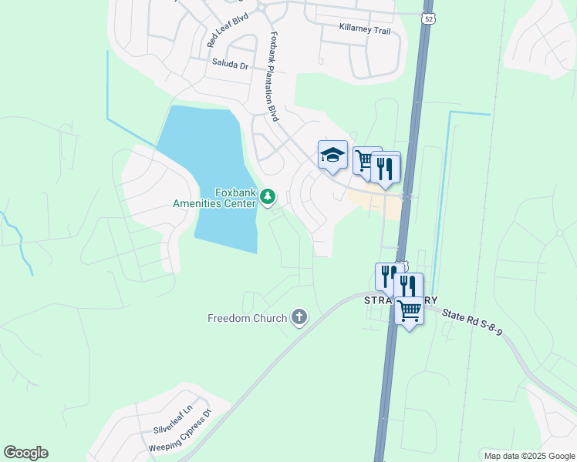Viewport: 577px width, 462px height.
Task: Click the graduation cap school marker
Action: click(332, 155)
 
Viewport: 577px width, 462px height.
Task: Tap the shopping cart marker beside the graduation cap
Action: click(365, 161)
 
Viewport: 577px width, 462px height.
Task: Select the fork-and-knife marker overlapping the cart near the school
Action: click(385, 167)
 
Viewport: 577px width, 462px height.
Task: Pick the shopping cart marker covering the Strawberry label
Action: click(409, 311)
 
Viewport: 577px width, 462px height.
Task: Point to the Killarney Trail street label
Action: click(365, 29)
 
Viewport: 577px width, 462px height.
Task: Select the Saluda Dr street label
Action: click(229, 66)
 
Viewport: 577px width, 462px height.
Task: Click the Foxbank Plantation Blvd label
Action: click(273, 76)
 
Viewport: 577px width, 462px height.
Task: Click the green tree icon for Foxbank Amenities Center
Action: click(268, 198)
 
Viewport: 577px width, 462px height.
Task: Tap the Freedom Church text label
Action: click(247, 317)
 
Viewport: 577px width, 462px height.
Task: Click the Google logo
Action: click(25, 453)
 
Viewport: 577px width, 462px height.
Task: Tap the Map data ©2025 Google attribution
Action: click(528, 456)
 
